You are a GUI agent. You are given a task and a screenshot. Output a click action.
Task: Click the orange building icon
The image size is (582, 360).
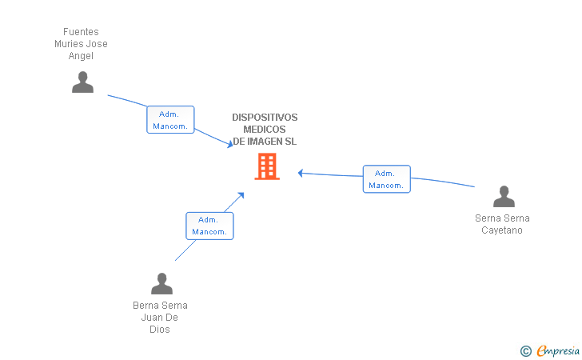click(x=266, y=166)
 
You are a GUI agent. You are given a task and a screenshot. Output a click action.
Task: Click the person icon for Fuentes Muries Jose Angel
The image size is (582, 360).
click(x=82, y=82)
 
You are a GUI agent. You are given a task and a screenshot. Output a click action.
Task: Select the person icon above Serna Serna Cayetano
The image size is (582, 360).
click(x=504, y=197)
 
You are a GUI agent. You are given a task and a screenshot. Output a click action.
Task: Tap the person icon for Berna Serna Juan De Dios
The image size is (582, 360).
click(x=161, y=284)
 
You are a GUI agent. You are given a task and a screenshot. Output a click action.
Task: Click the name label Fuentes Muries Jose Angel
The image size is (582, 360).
click(x=81, y=44)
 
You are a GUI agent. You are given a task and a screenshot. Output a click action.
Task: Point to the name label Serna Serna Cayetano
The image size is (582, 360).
click(x=502, y=224)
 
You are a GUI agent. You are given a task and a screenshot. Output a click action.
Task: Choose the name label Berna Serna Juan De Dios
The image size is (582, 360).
click(x=160, y=317)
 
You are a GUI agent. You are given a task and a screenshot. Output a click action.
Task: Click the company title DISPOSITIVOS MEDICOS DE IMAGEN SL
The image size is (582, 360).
click(x=265, y=130)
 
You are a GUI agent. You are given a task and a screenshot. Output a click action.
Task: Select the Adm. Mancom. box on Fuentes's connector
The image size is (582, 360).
click(x=170, y=120)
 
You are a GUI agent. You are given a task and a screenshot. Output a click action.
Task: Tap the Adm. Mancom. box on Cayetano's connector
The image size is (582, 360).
click(x=386, y=179)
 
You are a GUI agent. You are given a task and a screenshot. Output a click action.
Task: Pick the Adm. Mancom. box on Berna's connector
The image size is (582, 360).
click(x=209, y=226)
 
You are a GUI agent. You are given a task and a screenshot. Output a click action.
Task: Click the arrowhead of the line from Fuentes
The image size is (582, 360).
click(x=229, y=145)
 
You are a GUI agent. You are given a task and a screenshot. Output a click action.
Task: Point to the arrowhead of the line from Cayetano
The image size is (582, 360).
click(x=301, y=172)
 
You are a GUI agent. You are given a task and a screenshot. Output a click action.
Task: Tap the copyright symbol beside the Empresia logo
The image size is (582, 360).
click(x=525, y=350)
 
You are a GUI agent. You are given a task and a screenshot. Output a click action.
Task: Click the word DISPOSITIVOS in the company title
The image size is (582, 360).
click(x=265, y=118)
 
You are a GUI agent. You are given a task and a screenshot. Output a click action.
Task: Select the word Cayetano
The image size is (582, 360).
click(x=502, y=230)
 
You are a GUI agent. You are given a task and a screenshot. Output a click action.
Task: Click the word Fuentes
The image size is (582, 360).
click(x=81, y=32)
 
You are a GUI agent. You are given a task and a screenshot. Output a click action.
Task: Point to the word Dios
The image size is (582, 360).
click(x=160, y=329)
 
